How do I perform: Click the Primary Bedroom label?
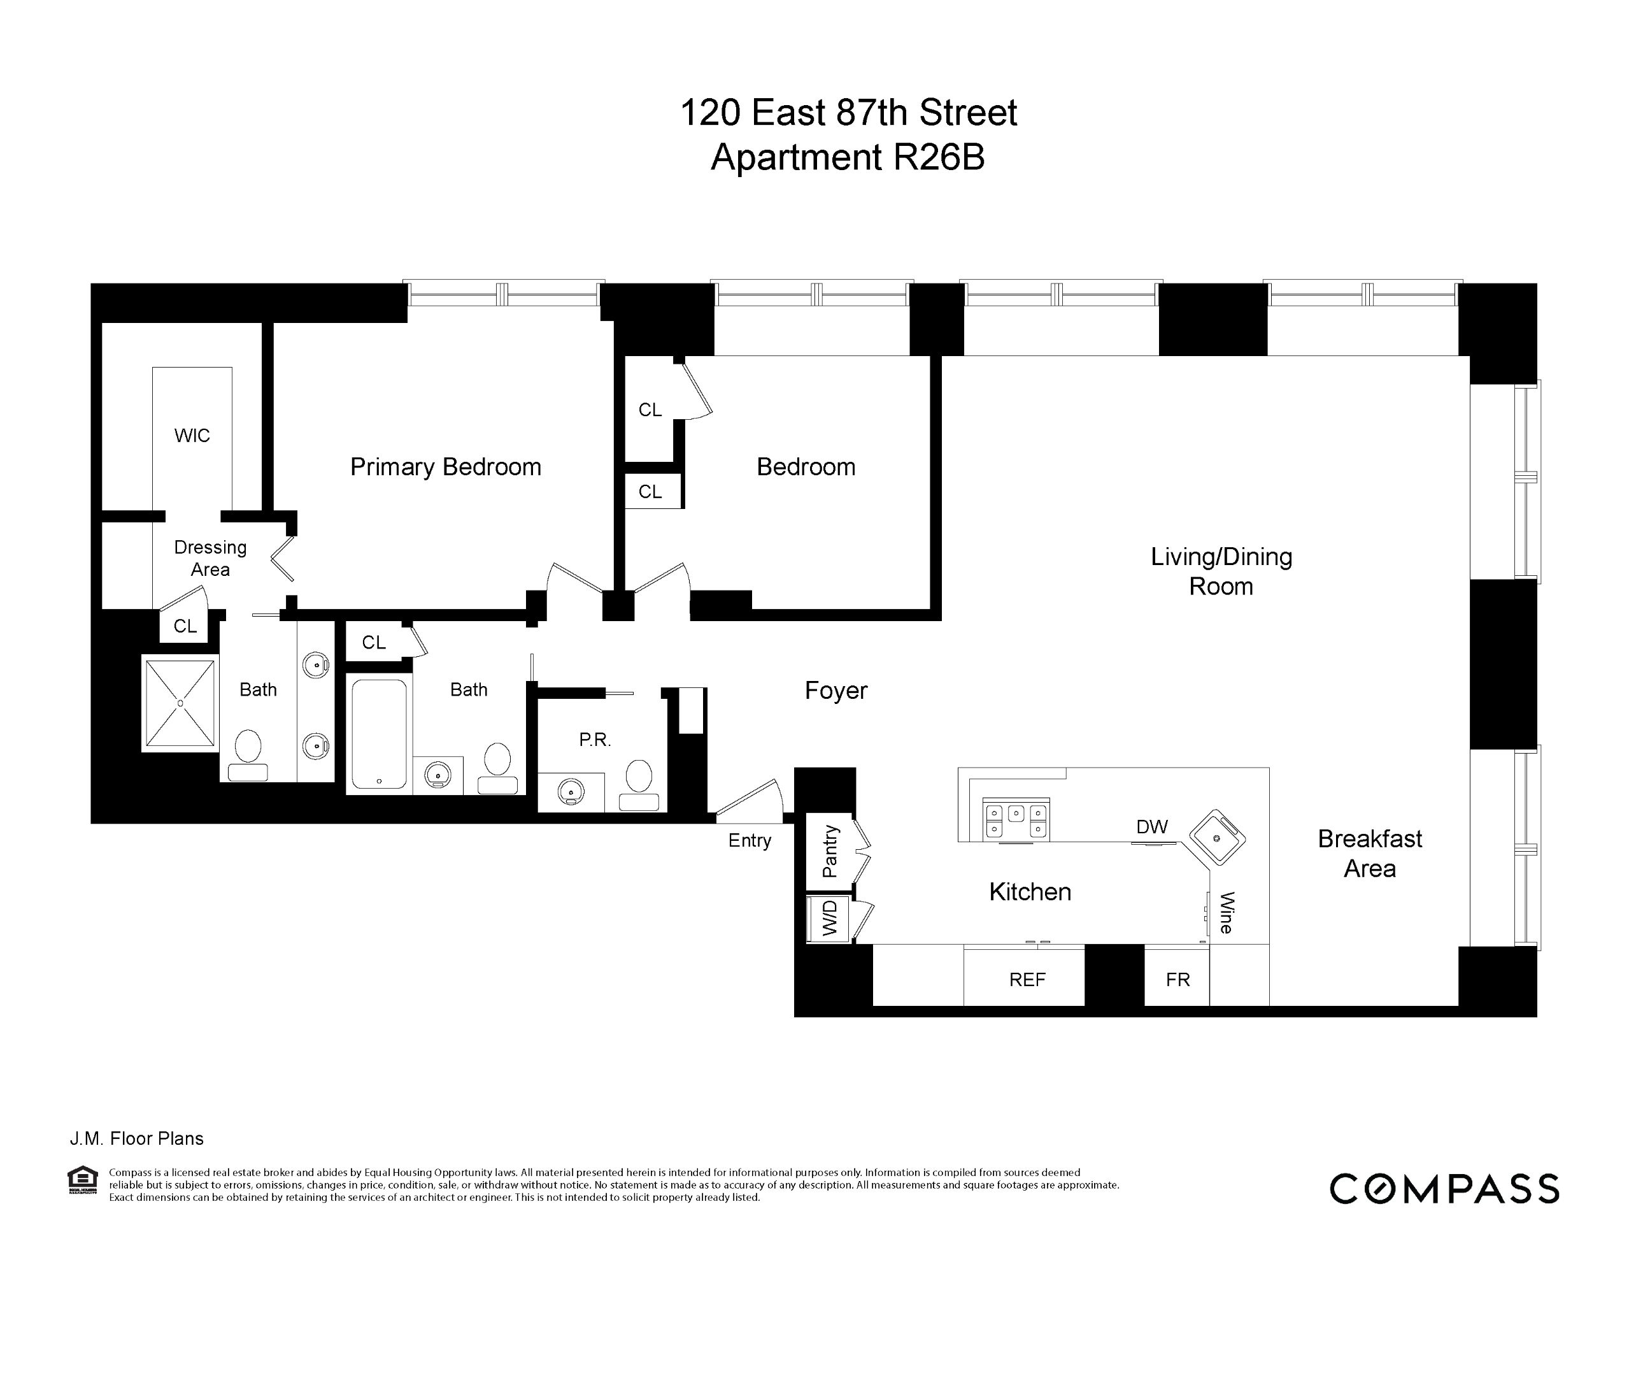445,466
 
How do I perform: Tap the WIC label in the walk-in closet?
192,435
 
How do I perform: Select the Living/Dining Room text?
1221,571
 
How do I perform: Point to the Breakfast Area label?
1369,854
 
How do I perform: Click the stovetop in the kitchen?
1016,820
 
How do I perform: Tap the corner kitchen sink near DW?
1216,838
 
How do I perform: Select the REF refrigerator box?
1026,980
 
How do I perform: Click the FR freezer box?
1177,980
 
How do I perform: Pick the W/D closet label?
830,919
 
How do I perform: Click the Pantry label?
830,851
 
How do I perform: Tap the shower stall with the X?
180,703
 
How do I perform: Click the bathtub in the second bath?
379,734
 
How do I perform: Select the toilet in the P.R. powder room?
639,784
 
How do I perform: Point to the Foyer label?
836,691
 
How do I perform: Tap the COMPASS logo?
1444,1189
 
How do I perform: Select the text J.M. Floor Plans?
138,1139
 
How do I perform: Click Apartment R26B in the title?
848,157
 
